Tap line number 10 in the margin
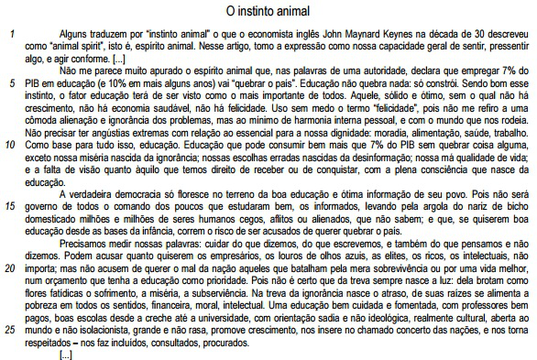point(9,144)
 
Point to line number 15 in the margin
point(10,205)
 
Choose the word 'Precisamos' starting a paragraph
point(84,242)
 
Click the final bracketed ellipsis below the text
point(66,352)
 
